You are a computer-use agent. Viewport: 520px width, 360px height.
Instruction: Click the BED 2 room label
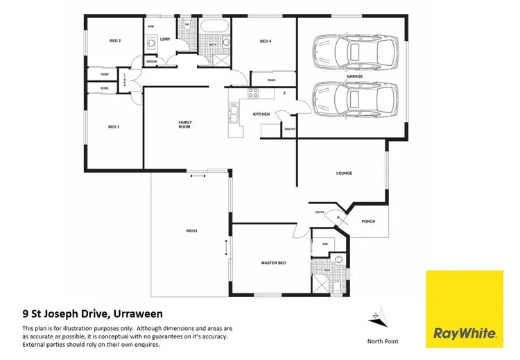[x=115, y=42]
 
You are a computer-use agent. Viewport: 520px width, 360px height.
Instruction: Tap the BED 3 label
[x=115, y=127]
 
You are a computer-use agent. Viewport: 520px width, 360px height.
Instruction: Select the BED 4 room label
[x=265, y=42]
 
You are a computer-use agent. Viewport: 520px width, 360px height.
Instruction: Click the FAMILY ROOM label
[x=184, y=125]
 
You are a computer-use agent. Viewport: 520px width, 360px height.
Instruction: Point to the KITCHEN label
[x=261, y=114]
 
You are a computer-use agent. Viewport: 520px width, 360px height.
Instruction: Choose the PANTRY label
[x=289, y=129]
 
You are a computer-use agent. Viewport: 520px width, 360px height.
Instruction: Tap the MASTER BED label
[x=274, y=264]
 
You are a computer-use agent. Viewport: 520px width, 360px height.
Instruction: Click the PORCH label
[x=368, y=222]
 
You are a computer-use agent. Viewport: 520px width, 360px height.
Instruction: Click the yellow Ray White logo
[x=464, y=309]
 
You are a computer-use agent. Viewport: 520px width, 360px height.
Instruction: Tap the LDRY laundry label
[x=166, y=39]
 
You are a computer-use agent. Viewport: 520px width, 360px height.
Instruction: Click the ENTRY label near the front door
[x=320, y=212]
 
